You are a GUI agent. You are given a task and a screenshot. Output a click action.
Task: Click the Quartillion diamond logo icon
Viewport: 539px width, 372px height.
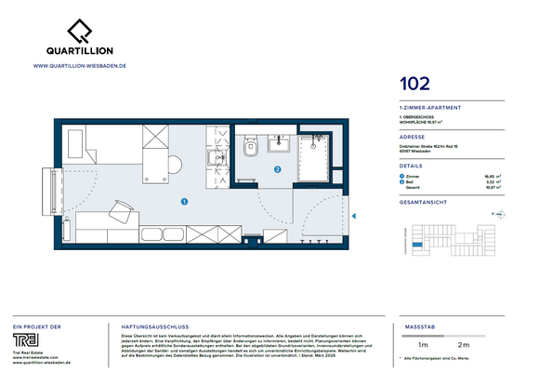78,31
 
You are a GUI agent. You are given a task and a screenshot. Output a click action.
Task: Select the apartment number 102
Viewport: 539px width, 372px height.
414,84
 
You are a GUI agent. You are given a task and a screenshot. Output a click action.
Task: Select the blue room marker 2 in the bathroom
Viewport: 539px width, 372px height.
278,170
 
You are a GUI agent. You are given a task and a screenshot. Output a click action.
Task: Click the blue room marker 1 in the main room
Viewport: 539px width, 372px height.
184,200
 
